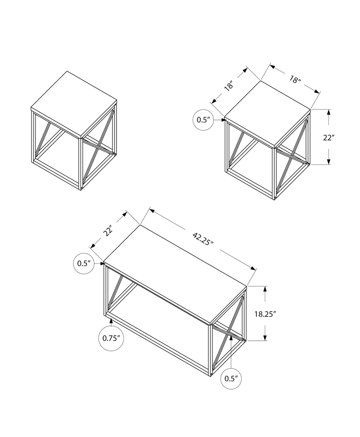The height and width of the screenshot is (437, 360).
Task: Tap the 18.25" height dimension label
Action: coord(265,313)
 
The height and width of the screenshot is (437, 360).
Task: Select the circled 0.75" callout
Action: coord(112,338)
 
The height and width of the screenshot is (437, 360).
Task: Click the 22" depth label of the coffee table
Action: coord(109,231)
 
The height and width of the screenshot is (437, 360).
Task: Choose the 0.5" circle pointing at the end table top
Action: coord(204,120)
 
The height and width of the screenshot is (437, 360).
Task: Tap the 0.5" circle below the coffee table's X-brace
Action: coord(231,378)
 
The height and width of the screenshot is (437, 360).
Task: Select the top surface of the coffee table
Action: coord(175,273)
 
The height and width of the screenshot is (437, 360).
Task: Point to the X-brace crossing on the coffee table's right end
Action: coord(228,332)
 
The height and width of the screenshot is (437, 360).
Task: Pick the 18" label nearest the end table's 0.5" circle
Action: coord(228,86)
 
